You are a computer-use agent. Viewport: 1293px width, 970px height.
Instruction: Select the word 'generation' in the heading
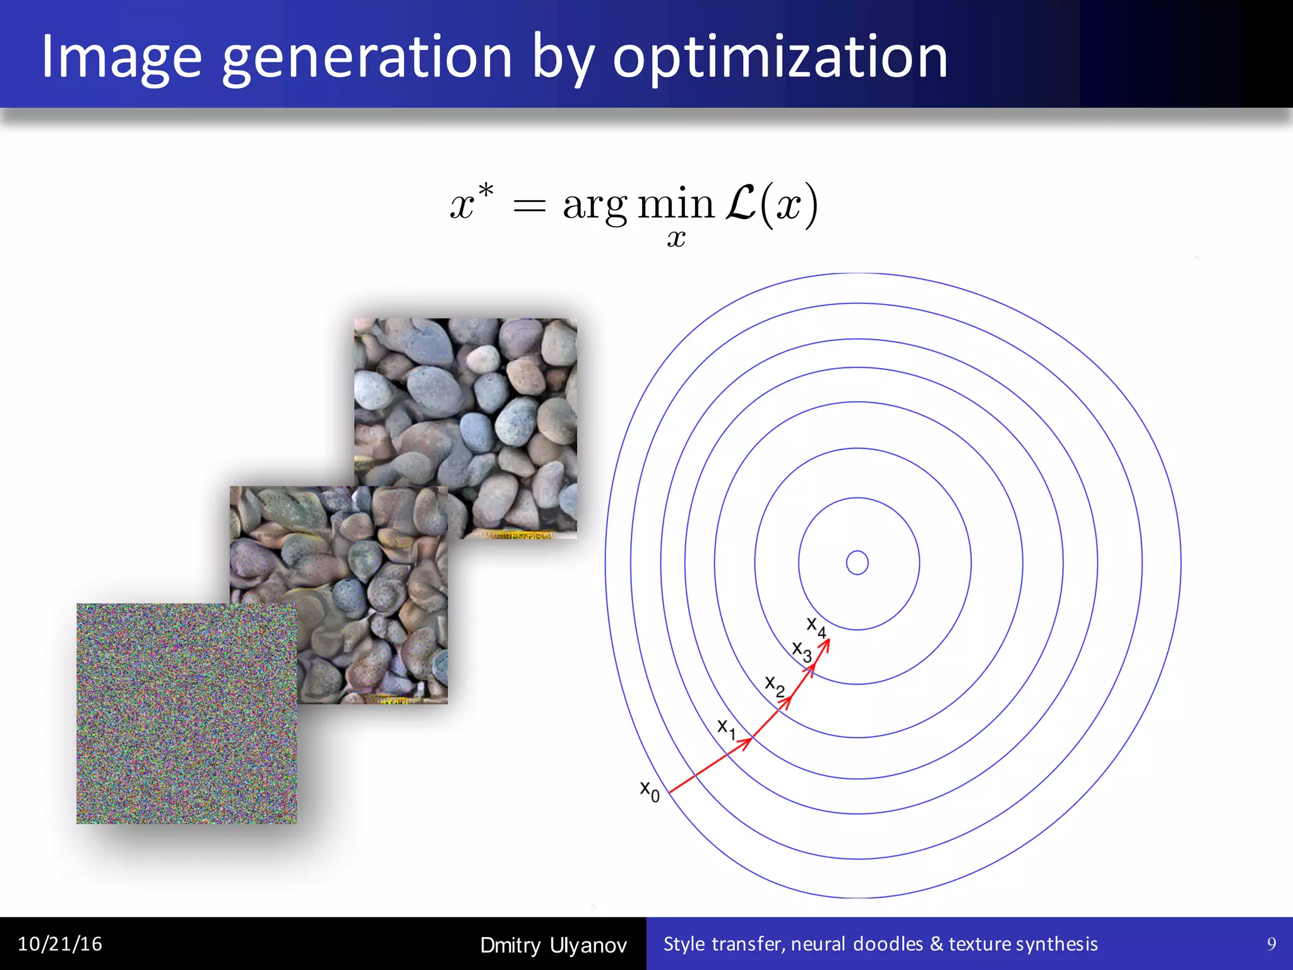(x=367, y=58)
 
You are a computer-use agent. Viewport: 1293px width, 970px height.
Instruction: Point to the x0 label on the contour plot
(x=650, y=791)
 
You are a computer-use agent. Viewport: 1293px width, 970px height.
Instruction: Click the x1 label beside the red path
(x=726, y=728)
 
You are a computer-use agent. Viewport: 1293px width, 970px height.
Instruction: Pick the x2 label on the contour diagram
(x=775, y=686)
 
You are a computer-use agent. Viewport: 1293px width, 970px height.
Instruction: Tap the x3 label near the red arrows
(x=802, y=651)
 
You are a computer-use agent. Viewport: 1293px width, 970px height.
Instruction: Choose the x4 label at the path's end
(x=816, y=626)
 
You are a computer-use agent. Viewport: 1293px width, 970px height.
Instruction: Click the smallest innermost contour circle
(x=857, y=563)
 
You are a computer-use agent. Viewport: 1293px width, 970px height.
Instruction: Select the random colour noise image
(x=186, y=714)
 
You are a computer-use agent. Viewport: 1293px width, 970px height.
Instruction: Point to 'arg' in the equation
(x=594, y=206)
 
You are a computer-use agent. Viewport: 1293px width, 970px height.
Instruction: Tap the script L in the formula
(x=741, y=203)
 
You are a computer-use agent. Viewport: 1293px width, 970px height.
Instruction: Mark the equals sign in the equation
(x=529, y=206)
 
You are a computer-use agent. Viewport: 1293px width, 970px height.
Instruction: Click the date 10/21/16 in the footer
(x=60, y=944)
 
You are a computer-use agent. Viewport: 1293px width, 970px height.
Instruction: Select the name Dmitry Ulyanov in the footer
(x=553, y=945)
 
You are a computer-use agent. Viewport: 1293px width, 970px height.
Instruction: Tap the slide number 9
(x=1272, y=944)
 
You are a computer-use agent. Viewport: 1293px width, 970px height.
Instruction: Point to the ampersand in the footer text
(x=936, y=944)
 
